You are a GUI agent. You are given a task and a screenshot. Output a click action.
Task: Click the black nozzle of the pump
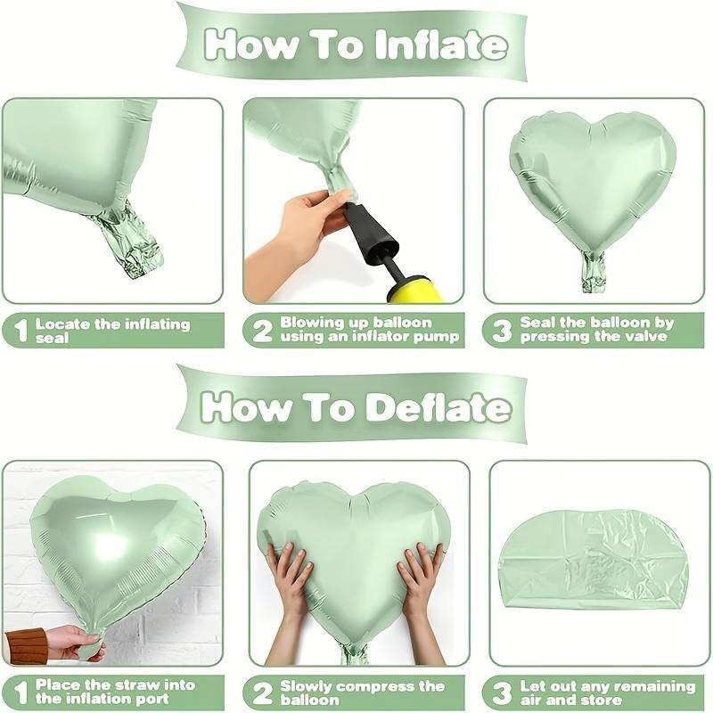(367, 231)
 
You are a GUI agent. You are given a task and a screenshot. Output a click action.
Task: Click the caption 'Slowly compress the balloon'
(362, 693)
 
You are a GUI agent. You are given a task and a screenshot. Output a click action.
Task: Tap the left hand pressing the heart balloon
(289, 579)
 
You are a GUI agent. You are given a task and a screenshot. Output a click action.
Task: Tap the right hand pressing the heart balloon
(420, 579)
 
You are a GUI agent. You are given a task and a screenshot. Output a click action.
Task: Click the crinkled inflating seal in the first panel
(132, 239)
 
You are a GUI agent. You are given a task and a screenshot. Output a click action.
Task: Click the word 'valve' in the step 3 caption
(652, 338)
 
